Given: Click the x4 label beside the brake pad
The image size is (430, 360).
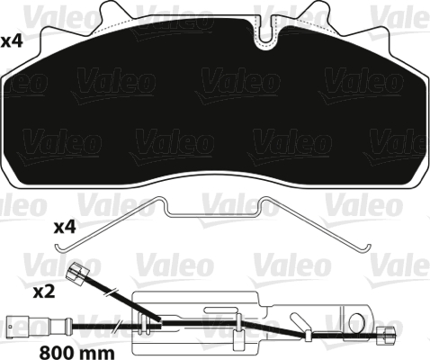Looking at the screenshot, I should (x=13, y=40).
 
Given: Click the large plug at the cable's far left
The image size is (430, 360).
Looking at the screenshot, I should (x=16, y=320).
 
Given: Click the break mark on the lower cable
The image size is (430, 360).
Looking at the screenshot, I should (x=118, y=325).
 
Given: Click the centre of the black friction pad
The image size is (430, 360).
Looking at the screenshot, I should (x=216, y=108).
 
